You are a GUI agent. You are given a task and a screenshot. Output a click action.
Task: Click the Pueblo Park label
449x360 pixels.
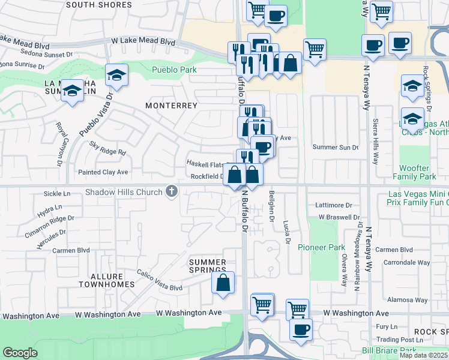coord(174,70)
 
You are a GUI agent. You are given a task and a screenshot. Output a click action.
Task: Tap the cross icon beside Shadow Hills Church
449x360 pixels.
coord(172,192)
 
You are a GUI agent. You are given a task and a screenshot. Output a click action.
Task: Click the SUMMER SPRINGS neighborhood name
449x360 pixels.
coord(208,266)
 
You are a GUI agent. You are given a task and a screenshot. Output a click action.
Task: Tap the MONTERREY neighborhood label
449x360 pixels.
coord(171,105)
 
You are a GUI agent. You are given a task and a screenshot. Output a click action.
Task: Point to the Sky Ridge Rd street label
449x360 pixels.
coord(107,148)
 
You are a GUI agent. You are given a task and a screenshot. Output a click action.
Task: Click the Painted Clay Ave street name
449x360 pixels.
coord(104,172)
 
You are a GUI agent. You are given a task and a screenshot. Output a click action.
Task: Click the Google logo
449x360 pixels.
coord(20,353)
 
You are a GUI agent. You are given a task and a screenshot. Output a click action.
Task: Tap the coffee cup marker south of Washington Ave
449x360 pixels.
coord(301,328)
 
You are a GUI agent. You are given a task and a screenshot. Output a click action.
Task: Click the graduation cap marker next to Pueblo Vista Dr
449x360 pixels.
coord(116,75)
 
